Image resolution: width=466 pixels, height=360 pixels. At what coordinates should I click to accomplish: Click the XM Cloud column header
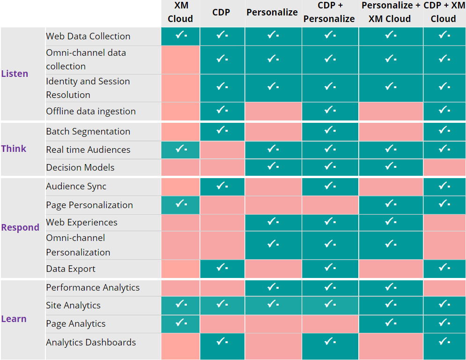[x=180, y=13]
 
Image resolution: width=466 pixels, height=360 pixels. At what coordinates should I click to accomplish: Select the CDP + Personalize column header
[x=330, y=13]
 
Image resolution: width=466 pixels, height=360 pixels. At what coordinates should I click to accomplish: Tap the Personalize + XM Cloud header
[x=390, y=13]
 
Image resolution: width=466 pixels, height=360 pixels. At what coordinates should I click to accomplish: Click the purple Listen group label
[x=15, y=74]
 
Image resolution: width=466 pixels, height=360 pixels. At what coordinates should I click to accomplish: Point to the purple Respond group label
[x=20, y=227]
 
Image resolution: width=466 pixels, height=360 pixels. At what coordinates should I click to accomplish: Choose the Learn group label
[x=14, y=319]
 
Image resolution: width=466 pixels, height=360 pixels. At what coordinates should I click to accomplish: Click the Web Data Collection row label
[x=88, y=36]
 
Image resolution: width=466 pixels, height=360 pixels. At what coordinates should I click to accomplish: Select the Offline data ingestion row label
[x=91, y=111]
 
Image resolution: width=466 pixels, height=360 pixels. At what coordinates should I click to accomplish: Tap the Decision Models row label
[x=80, y=167]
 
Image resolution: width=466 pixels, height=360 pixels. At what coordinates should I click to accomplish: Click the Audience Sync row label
[x=76, y=186]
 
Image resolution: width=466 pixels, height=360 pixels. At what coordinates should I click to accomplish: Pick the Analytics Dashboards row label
[x=91, y=342]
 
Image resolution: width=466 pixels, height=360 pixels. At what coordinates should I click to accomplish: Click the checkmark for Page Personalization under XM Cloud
[x=180, y=204]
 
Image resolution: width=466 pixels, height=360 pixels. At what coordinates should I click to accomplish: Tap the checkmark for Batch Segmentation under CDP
[x=222, y=130]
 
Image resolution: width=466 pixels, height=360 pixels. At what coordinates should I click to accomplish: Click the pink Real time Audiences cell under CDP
[x=222, y=150]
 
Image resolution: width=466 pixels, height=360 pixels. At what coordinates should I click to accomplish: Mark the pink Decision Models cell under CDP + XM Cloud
[x=444, y=167]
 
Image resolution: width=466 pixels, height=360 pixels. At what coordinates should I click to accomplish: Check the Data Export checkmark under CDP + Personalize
[x=330, y=268]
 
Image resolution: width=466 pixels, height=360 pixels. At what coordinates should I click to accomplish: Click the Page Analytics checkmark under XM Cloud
[x=180, y=323]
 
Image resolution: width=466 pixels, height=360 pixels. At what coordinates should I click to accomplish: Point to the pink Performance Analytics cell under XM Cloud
[x=180, y=287]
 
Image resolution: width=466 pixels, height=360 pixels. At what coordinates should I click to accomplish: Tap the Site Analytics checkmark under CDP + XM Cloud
[x=444, y=304]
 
